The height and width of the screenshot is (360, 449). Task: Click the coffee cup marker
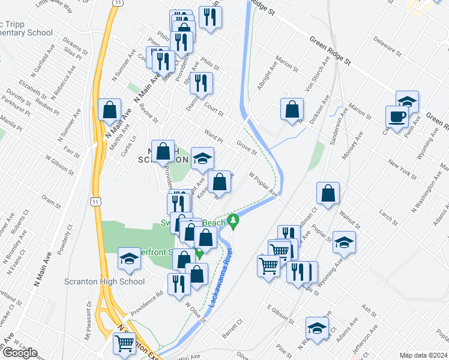(x=396, y=116)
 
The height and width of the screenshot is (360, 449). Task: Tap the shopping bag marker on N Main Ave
(x=110, y=110)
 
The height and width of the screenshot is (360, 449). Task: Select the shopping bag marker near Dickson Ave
(x=292, y=110)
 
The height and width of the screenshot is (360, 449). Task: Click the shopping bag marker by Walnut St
(x=328, y=194)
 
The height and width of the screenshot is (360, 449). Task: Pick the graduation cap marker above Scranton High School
(x=129, y=259)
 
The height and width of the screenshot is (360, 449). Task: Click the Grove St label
(x=246, y=148)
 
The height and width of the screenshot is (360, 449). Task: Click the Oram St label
(x=49, y=200)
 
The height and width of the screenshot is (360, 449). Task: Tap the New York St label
(x=402, y=169)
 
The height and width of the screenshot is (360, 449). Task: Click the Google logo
(x=20, y=353)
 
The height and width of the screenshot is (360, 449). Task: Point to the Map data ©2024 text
(x=424, y=355)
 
